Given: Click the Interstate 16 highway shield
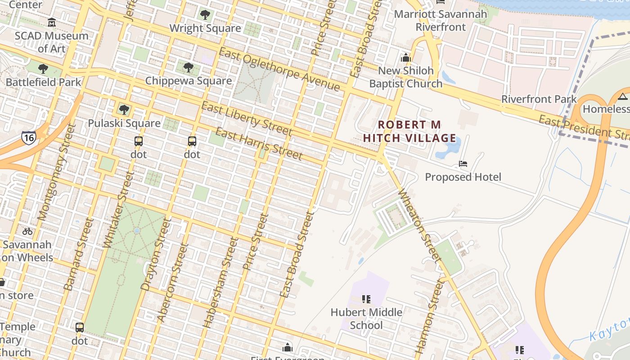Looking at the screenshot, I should click(x=28, y=138).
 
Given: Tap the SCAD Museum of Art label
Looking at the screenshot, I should click(x=51, y=42).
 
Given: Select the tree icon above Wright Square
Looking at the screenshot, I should click(x=205, y=15).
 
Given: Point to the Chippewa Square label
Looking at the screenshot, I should click(x=189, y=81).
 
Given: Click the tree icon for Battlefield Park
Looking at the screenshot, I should click(x=43, y=69).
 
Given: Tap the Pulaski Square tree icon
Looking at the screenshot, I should click(x=124, y=109).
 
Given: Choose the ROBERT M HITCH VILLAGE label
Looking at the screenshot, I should click(x=409, y=131).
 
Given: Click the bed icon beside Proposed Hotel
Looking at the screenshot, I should click(x=463, y=163).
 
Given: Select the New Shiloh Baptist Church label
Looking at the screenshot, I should click(x=405, y=77).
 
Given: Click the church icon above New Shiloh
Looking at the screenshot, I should click(x=405, y=58).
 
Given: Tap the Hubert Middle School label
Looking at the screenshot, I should click(x=366, y=319).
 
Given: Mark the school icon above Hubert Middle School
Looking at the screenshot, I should click(x=366, y=299).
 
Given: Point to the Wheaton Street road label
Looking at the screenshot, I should click(x=419, y=226).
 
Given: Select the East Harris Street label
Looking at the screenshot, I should click(x=259, y=144).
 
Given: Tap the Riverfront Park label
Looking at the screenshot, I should click(x=539, y=99).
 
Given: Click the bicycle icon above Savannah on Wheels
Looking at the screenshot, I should click(x=27, y=231).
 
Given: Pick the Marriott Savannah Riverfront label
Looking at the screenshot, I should click(x=440, y=20).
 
